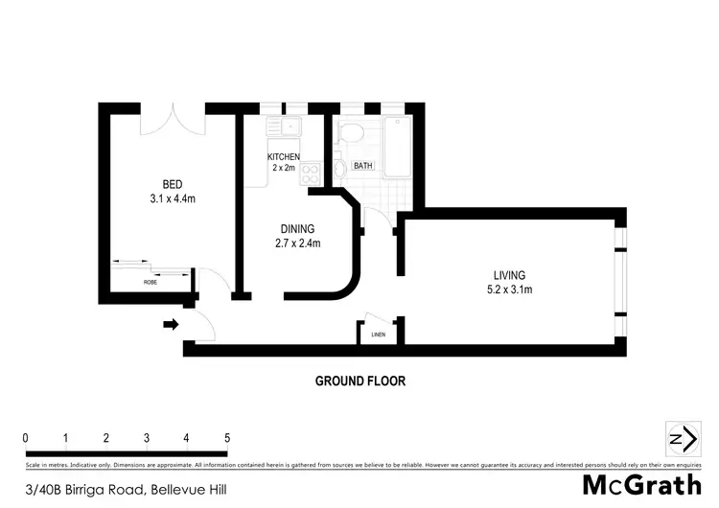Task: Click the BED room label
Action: click(x=172, y=184)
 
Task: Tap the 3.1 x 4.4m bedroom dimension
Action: click(x=172, y=198)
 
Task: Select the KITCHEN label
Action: click(x=284, y=157)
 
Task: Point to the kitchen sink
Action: click(x=286, y=126)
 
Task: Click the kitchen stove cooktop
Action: click(x=312, y=173)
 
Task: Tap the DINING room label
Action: click(x=297, y=228)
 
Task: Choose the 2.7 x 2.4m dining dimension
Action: click(x=297, y=242)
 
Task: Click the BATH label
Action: click(x=363, y=166)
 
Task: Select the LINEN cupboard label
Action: click(x=378, y=335)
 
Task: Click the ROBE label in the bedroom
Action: click(x=151, y=283)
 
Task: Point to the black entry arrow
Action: click(x=171, y=325)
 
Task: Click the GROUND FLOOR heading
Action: click(x=360, y=381)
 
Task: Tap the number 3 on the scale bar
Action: click(x=147, y=438)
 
